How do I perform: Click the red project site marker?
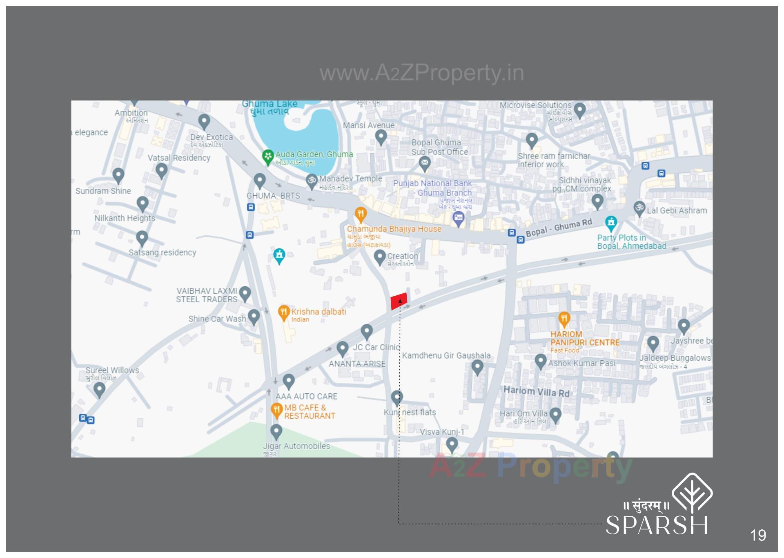pyautogui.click(x=399, y=301)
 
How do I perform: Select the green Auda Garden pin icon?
pyautogui.click(x=267, y=157)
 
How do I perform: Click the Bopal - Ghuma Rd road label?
pyautogui.click(x=559, y=228)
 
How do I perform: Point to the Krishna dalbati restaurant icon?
pyautogui.click(x=283, y=312)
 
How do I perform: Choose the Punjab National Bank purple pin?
pyautogui.click(x=459, y=219)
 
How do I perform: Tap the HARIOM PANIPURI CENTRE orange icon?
pyautogui.click(x=564, y=319)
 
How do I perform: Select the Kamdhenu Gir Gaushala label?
pyautogui.click(x=446, y=355)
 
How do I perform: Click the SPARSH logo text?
pyautogui.click(x=656, y=525)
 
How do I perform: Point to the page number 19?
pyautogui.click(x=758, y=535)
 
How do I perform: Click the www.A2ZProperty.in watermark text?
pyautogui.click(x=421, y=73)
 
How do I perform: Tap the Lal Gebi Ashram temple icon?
pyautogui.click(x=639, y=208)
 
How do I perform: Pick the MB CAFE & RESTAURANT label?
pyautogui.click(x=309, y=412)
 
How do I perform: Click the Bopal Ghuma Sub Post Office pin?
pyautogui.click(x=425, y=163)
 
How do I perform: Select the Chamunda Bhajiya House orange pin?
pyautogui.click(x=360, y=214)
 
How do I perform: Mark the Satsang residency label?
pyautogui.click(x=163, y=252)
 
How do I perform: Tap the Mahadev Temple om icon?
pyautogui.click(x=312, y=181)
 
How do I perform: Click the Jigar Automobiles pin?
pyautogui.click(x=276, y=431)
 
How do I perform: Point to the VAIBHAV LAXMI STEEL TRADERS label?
pyautogui.click(x=207, y=295)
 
